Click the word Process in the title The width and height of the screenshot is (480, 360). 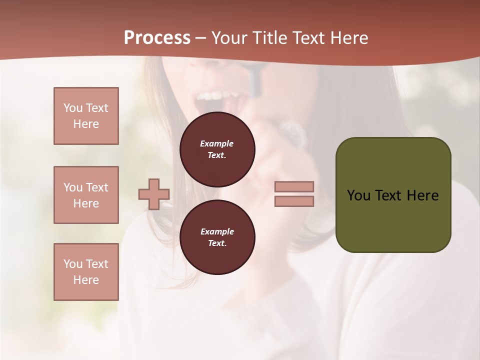pyautogui.click(x=157, y=38)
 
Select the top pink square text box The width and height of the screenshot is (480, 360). pyautogui.click(x=86, y=116)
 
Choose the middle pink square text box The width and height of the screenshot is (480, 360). pyautogui.click(x=86, y=195)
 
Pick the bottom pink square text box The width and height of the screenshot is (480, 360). pyautogui.click(x=86, y=272)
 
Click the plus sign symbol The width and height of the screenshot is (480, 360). pyautogui.click(x=153, y=194)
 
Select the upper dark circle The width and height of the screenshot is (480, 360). pyautogui.click(x=217, y=149)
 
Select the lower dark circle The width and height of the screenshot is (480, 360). pyautogui.click(x=217, y=237)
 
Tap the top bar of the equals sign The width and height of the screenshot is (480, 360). pyautogui.click(x=294, y=186)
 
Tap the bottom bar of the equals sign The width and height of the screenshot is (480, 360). pyautogui.click(x=294, y=201)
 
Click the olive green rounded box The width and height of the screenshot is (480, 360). pyautogui.click(x=393, y=195)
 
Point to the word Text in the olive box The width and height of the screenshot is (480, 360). pyautogui.click(x=390, y=195)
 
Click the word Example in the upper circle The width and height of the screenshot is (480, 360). pyautogui.click(x=217, y=143)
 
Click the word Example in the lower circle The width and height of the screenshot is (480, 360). pyautogui.click(x=217, y=231)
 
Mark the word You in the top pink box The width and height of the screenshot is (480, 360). pyautogui.click(x=73, y=108)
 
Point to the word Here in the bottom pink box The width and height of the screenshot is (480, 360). pyautogui.click(x=86, y=280)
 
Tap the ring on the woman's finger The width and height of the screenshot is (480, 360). pyautogui.click(x=292, y=134)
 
